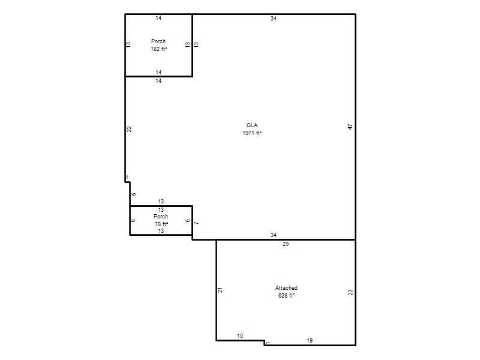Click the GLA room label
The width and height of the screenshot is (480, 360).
click(252, 125)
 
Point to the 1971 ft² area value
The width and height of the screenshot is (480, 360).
click(252, 133)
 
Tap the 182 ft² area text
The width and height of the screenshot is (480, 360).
click(158, 49)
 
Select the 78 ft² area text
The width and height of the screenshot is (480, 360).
click(161, 224)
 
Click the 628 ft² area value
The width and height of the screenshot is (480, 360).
click(286, 296)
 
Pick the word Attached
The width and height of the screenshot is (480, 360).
click(286, 288)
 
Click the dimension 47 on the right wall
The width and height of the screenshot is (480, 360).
click(350, 127)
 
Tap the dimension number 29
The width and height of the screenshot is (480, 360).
click(286, 244)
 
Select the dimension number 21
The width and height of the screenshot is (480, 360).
click(220, 290)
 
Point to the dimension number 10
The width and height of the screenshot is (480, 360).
click(240, 336)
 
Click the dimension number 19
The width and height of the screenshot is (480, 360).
click(310, 340)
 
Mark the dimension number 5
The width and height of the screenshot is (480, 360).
click(134, 194)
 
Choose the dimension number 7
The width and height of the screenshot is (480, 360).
click(196, 223)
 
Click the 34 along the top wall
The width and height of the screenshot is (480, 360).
click(274, 19)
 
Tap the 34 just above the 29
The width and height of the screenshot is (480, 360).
click(274, 235)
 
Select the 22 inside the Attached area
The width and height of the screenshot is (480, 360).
click(350, 292)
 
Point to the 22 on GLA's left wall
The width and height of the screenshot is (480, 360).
click(129, 129)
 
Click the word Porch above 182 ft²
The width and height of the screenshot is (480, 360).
click(158, 41)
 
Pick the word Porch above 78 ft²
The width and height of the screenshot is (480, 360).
click(161, 217)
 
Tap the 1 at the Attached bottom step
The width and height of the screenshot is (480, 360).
click(268, 343)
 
